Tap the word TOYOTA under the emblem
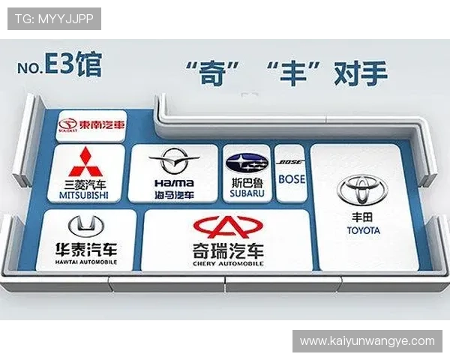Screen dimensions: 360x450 [x=364, y=230]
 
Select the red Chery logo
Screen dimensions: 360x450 [x=228, y=226]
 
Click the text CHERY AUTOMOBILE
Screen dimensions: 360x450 [x=228, y=264]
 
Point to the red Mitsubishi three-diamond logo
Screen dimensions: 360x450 [x=84, y=163]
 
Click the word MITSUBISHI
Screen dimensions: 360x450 [x=83, y=195]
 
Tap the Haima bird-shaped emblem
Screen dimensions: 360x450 [x=174, y=160]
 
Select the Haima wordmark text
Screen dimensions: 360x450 [x=174, y=183]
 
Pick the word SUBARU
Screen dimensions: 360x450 [x=247, y=193]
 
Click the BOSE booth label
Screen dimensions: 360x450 [x=291, y=179]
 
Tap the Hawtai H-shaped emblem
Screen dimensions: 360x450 [x=86, y=225]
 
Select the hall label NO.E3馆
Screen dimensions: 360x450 [x=58, y=66]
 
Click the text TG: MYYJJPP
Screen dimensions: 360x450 [x=54, y=19]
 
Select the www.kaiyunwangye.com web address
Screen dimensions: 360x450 [x=367, y=341]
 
